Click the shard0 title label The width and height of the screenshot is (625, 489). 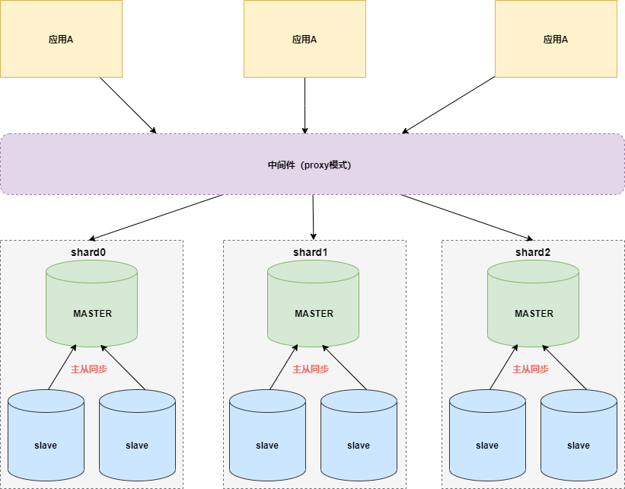point(88,252)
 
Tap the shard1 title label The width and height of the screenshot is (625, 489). point(310,252)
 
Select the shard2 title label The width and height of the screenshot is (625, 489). point(533,252)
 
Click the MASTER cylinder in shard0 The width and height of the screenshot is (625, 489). point(91,304)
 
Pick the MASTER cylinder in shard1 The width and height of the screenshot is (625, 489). point(314,304)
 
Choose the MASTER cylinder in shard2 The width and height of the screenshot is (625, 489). point(534,304)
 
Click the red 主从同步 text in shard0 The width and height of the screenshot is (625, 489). point(89,369)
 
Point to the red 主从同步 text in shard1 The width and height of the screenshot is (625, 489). point(311,369)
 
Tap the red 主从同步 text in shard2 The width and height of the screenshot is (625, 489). point(531,369)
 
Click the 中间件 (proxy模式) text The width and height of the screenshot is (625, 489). point(309,165)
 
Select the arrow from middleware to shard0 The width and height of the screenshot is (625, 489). point(156,217)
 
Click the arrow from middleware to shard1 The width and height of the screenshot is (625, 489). point(314,217)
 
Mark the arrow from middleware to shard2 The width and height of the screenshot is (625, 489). point(467,217)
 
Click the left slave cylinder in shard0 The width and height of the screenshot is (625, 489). point(46,436)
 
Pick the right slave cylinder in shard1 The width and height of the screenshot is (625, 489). point(359,436)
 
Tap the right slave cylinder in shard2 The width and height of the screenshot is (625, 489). point(579,436)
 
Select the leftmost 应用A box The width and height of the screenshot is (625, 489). point(61,39)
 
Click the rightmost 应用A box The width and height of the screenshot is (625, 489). point(556,39)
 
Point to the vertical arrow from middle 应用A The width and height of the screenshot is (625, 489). point(305,105)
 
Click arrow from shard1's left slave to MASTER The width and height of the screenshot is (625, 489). point(284,367)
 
